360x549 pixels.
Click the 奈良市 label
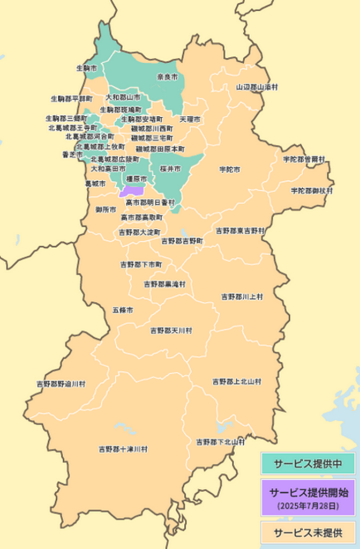point(167,77)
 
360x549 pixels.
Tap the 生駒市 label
point(86,69)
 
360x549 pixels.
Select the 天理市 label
point(190,118)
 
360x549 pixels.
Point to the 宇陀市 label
point(229,169)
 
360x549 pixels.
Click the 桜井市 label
point(170,168)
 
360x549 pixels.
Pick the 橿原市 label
point(136,179)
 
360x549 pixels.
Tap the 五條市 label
point(123,310)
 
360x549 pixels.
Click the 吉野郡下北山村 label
point(220,442)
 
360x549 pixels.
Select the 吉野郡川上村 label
point(242,296)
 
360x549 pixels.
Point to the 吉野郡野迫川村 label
point(61,384)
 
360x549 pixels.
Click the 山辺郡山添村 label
point(257,87)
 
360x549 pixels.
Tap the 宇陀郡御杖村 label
point(312,190)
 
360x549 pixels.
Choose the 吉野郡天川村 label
point(171,331)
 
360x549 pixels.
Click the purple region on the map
point(132,190)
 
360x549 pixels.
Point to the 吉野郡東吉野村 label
point(240,231)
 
